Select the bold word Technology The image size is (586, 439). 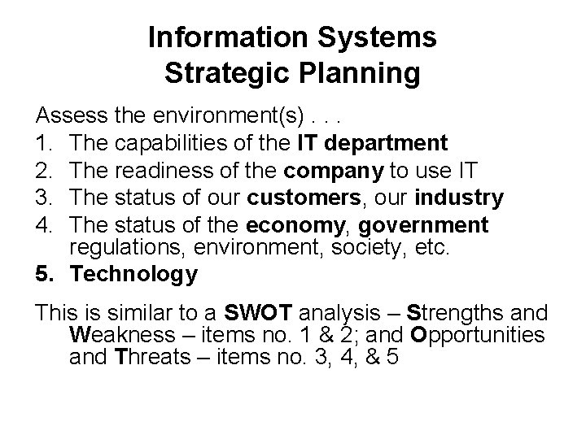pyautogui.click(x=133, y=275)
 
